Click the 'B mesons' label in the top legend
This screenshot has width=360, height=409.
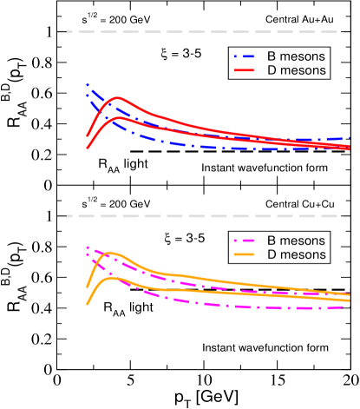(x=296, y=56)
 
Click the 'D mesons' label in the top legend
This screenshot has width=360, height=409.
(x=296, y=70)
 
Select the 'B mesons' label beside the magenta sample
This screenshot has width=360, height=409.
(x=296, y=240)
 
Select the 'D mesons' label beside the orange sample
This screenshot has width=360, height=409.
(x=296, y=254)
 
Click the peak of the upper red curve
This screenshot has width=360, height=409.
(x=115, y=98)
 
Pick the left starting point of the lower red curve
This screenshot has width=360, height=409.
(x=88, y=148)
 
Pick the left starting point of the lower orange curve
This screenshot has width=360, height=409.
(x=88, y=304)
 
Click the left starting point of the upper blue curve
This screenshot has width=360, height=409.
(x=88, y=84)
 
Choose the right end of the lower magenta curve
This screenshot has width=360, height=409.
(x=350, y=306)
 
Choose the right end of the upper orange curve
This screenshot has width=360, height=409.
(x=350, y=294)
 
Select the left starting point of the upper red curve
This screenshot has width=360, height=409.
(x=88, y=135)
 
